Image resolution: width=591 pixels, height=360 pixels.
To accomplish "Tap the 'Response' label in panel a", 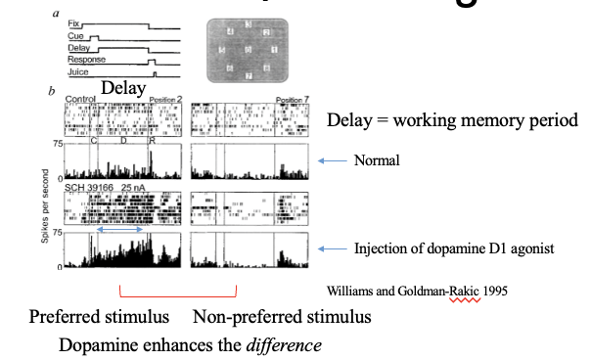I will [86, 60].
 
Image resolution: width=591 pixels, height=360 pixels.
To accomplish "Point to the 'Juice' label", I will [76, 72].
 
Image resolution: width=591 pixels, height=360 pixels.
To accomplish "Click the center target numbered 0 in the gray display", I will [249, 49].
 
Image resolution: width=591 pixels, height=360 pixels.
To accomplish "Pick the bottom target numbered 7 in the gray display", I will [249, 75].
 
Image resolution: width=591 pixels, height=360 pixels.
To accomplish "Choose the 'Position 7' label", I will [293, 100].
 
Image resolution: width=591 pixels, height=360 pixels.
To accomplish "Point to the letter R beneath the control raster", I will [151, 141].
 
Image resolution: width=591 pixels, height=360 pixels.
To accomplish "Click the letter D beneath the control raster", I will [123, 141].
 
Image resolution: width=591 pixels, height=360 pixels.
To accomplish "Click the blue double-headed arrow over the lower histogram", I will [121, 230].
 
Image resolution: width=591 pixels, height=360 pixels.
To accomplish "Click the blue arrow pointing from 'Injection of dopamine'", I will [334, 249].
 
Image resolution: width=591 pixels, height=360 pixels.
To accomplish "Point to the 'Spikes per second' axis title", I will [47, 209].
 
